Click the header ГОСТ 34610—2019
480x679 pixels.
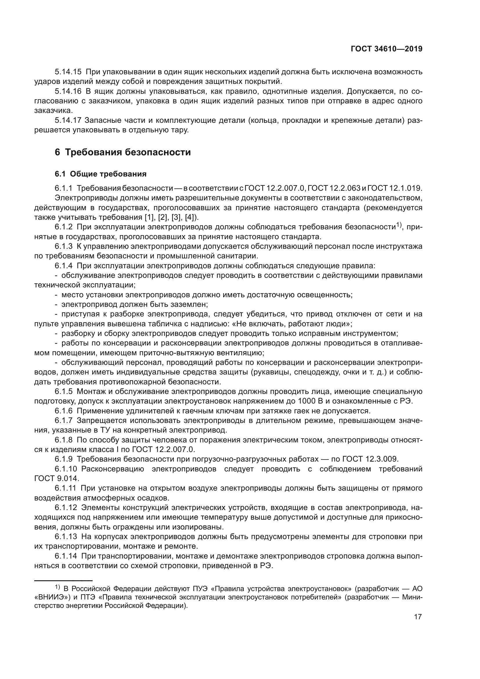[x=387, y=49]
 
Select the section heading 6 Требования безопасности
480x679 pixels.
[x=123, y=152]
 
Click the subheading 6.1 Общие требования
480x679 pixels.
[x=100, y=174]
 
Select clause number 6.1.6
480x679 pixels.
[x=64, y=411]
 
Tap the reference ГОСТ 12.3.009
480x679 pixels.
[x=370, y=459]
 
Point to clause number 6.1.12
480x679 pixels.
[x=66, y=508]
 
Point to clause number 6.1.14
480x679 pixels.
[x=66, y=556]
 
